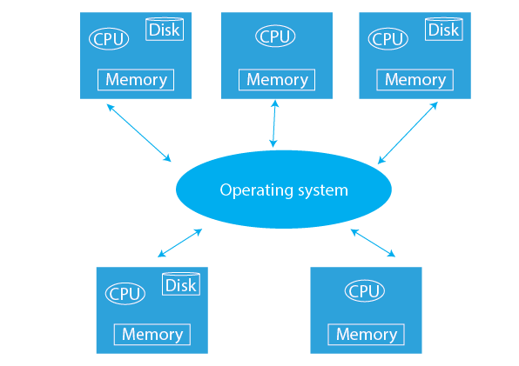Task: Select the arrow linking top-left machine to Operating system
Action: [139, 133]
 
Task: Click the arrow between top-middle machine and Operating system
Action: [274, 123]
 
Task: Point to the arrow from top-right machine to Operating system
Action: [408, 133]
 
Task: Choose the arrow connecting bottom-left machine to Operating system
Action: [180, 243]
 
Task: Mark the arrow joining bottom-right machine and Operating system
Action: [373, 243]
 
